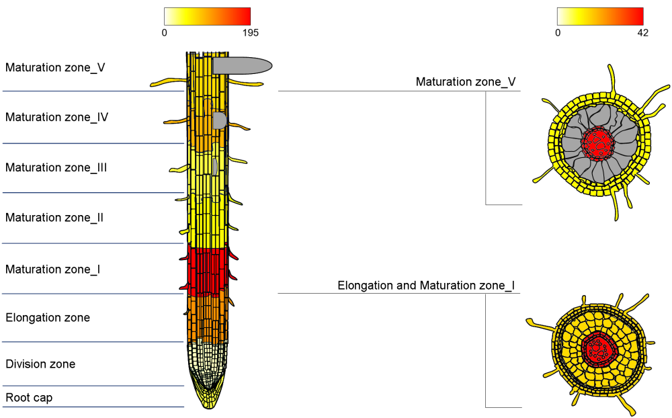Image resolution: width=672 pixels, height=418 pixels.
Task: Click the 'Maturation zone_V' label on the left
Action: point(55,68)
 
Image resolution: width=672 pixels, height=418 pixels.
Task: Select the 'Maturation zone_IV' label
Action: point(57,117)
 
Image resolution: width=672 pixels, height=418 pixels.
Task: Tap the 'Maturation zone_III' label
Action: point(56,167)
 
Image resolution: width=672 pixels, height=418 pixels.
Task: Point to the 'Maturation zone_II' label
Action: point(54,218)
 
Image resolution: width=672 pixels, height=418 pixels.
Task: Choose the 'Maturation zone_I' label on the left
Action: point(53,269)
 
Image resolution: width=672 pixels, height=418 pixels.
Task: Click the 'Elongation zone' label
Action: point(48,317)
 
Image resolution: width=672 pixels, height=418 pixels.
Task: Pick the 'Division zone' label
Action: point(40,364)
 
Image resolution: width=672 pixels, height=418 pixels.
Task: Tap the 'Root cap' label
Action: point(29,398)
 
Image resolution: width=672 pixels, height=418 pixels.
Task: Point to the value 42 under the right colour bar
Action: point(642,32)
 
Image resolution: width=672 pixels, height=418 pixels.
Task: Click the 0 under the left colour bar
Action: point(165,32)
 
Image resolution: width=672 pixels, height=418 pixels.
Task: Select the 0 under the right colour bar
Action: point(557,32)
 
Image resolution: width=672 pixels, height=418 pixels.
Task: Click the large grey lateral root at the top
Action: point(242,65)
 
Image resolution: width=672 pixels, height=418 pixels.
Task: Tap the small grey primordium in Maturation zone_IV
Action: point(219,120)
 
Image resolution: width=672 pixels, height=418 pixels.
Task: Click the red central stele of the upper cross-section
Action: point(597,142)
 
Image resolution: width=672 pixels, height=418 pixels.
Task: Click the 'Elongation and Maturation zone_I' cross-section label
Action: point(426,286)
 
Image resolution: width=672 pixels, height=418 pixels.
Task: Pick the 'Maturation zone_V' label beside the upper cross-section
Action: point(466,82)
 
